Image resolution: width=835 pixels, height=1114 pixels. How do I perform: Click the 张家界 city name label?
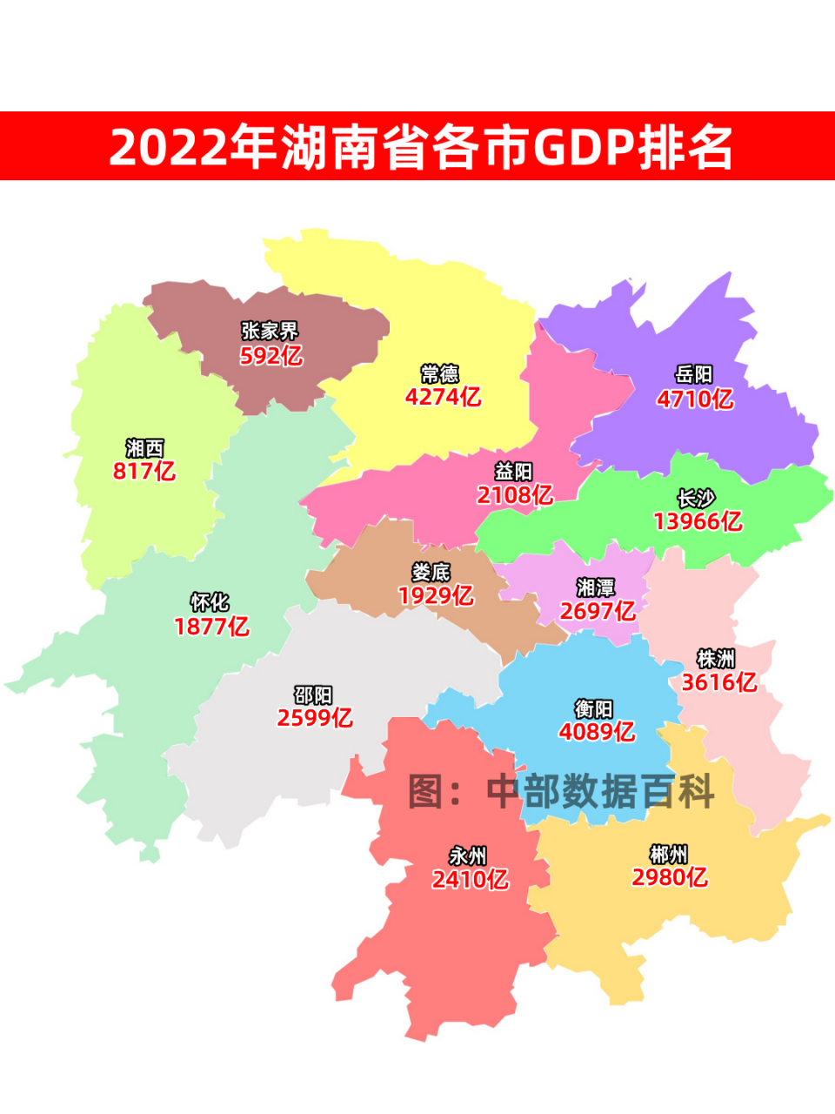[x=270, y=331]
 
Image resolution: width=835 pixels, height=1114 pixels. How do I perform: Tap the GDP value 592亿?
[x=271, y=355]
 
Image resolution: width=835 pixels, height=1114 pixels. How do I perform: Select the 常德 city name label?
[x=440, y=374]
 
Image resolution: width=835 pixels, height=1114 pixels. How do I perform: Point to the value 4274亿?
[x=443, y=397]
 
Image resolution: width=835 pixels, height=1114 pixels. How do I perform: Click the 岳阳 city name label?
[x=694, y=374]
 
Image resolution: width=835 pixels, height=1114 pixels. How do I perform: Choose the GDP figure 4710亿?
[x=695, y=399]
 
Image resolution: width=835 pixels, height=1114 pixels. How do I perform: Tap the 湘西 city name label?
[x=144, y=448]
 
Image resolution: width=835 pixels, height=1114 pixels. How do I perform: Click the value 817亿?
[x=144, y=471]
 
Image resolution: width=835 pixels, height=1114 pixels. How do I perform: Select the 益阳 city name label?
[x=513, y=472]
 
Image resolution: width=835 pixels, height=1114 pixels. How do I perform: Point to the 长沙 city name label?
[x=697, y=499]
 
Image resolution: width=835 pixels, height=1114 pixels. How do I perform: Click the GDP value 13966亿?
[x=698, y=521]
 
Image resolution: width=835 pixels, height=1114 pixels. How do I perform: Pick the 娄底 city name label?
[x=431, y=573]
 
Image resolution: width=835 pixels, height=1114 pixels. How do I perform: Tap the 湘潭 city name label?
[x=596, y=587]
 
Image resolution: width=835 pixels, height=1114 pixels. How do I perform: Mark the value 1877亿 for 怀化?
[x=211, y=627]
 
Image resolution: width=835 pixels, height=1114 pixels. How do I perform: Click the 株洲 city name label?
[x=716, y=659]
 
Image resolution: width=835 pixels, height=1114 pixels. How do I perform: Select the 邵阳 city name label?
[x=313, y=695]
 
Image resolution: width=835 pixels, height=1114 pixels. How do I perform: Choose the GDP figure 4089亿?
[x=597, y=732]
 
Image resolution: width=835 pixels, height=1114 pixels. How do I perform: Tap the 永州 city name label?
[x=468, y=856]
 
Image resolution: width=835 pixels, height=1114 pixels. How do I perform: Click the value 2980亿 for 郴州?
[x=670, y=877]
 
